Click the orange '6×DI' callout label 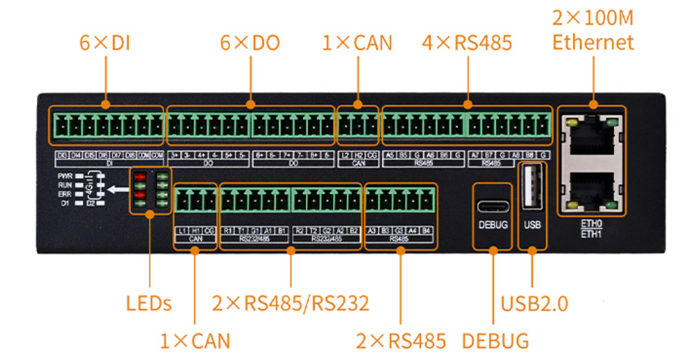pyautogui.click(x=105, y=43)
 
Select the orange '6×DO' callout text pyautogui.click(x=250, y=43)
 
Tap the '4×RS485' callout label pyautogui.click(x=467, y=43)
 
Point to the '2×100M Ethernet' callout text pyautogui.click(x=593, y=30)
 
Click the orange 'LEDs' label pyautogui.click(x=148, y=303)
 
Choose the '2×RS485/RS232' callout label pyautogui.click(x=291, y=303)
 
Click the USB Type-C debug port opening pyautogui.click(x=493, y=206)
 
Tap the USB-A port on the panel pyautogui.click(x=532, y=188)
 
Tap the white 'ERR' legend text pyautogui.click(x=66, y=195)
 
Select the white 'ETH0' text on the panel pyautogui.click(x=591, y=223)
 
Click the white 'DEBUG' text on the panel pyautogui.click(x=493, y=225)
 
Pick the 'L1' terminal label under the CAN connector pyautogui.click(x=182, y=231)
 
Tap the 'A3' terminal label pyautogui.click(x=372, y=231)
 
